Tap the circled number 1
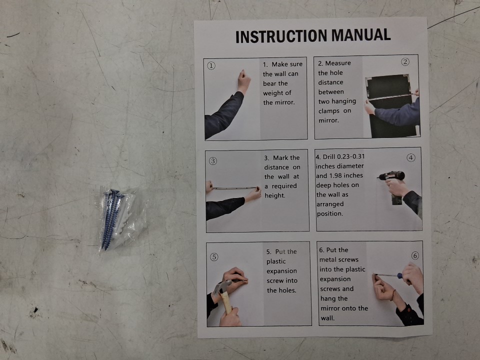point(211,66)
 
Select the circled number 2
point(405,62)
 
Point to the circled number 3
point(213,161)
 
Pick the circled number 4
point(411,157)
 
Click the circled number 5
point(214,257)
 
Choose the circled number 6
point(415,255)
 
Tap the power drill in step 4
point(393,185)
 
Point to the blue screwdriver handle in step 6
point(400,276)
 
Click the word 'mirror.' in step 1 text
point(279,102)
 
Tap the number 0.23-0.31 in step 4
point(350,156)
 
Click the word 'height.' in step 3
point(275,195)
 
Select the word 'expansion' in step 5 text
point(281,271)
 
